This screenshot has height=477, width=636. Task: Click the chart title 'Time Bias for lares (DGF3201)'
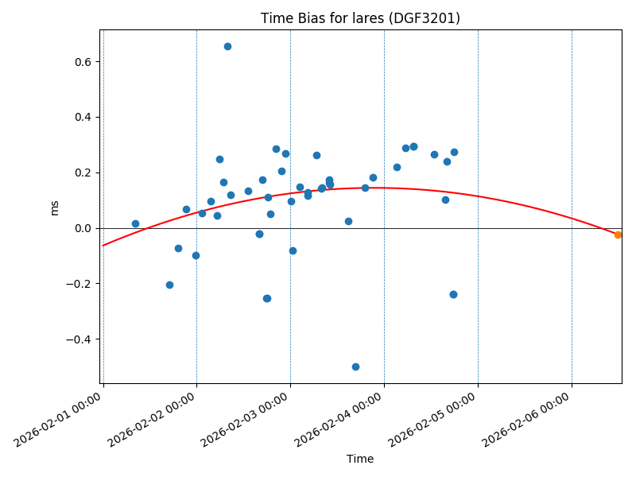360,18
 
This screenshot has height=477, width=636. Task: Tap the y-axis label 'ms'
55,207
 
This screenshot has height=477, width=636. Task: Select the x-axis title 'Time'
360,459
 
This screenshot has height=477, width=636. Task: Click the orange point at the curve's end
618,235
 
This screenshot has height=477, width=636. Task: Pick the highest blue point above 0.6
227,46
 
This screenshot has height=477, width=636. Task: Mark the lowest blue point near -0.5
355,366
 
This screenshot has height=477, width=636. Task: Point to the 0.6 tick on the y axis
83,62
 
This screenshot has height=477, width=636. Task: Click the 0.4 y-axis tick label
83,118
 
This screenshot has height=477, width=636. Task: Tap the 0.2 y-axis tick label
83,173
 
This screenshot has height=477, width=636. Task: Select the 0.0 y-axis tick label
83,229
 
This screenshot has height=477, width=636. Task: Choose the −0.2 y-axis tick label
80,285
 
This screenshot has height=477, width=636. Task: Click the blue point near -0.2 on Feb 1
169,285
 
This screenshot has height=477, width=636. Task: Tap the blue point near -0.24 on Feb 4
453,294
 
